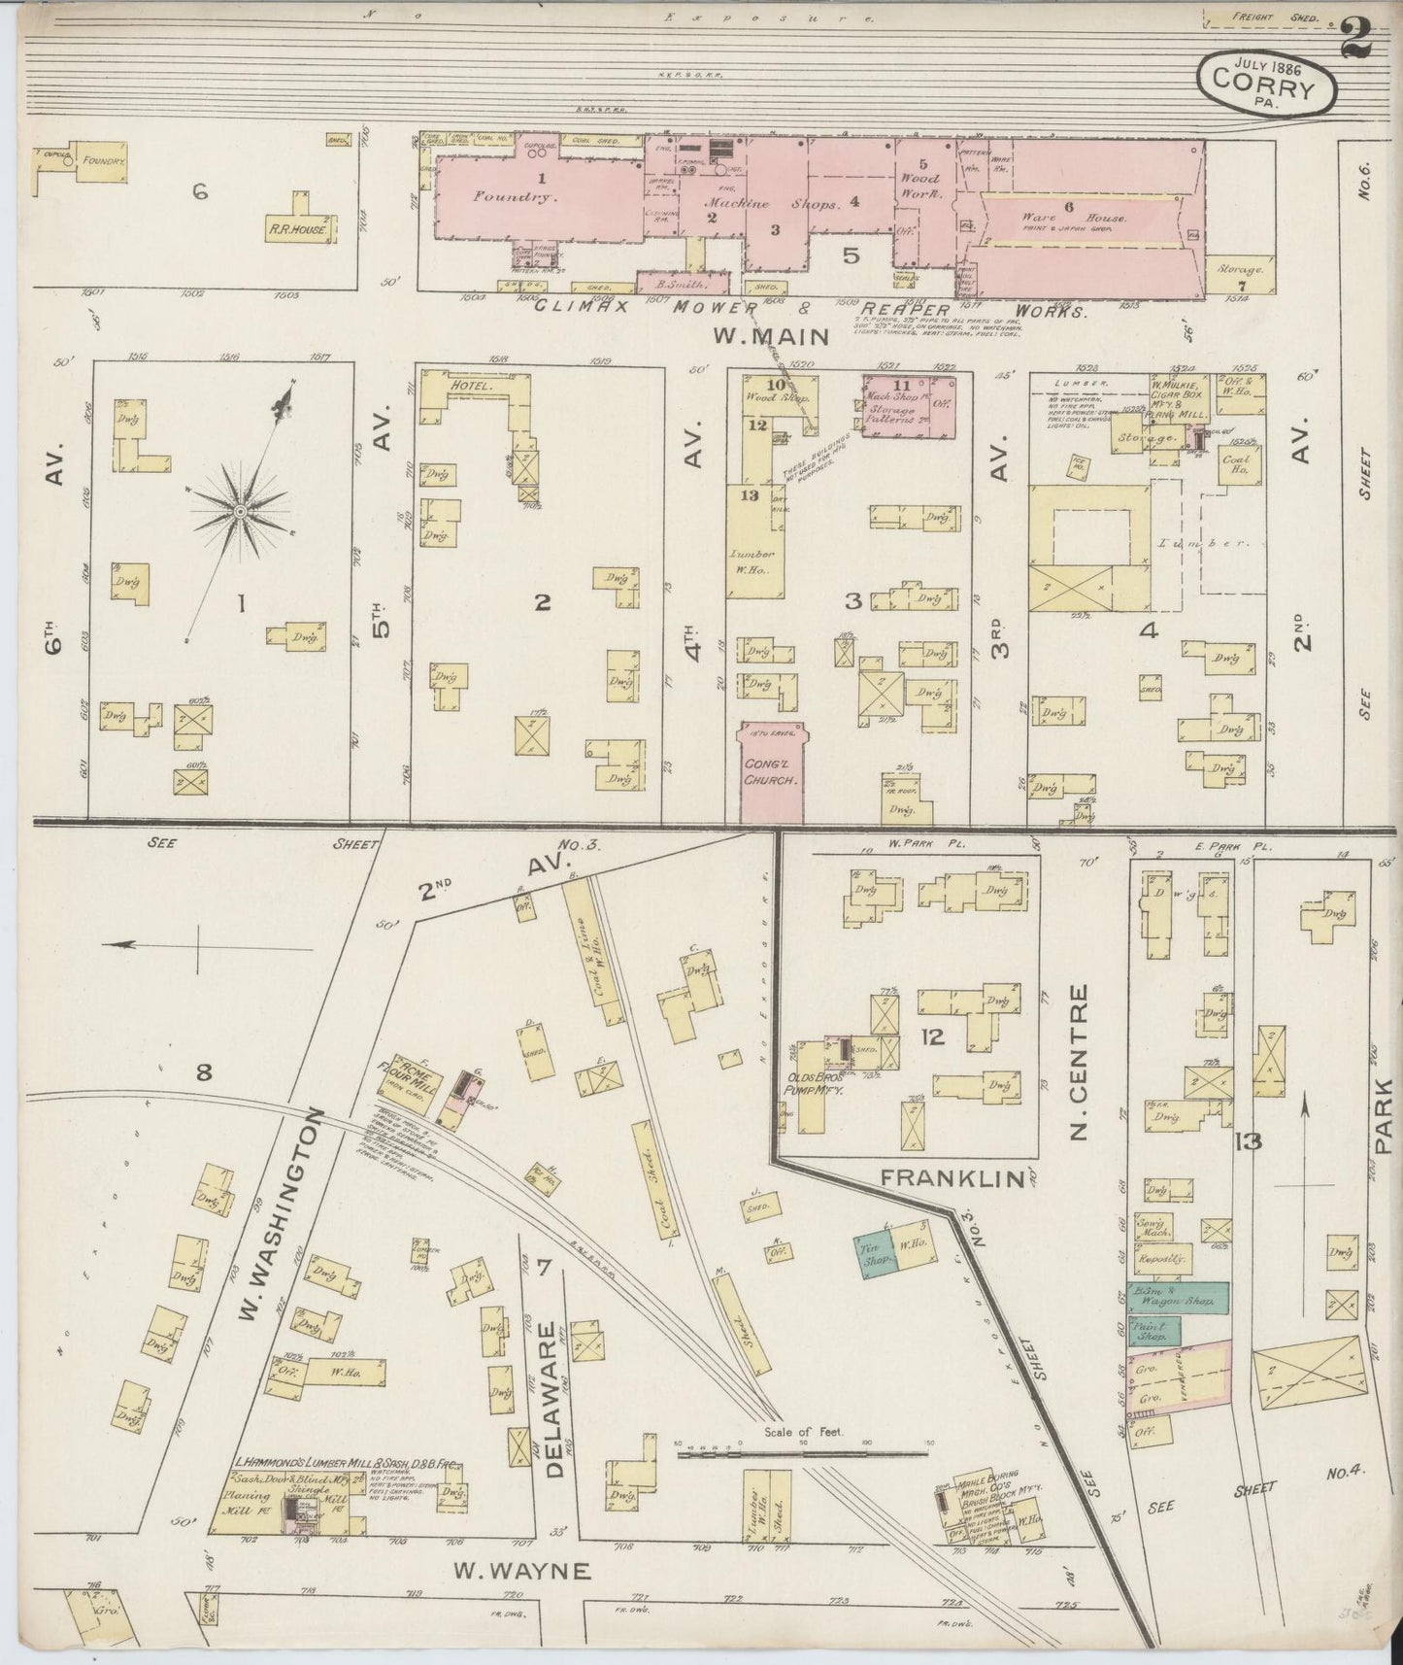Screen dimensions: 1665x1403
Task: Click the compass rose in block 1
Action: click(239, 510)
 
